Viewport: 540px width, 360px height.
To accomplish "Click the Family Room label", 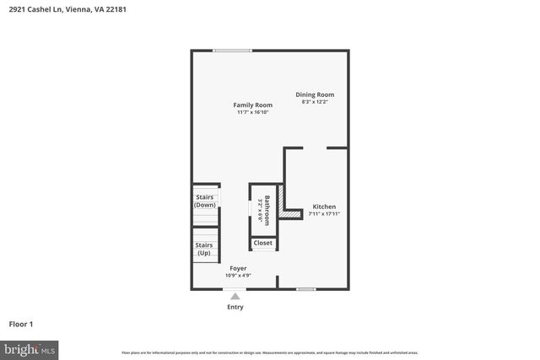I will [253, 105].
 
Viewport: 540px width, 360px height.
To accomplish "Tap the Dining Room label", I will [315, 94].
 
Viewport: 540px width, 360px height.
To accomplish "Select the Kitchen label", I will [324, 207].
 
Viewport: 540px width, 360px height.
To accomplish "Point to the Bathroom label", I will [267, 210].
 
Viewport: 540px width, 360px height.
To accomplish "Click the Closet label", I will [262, 243].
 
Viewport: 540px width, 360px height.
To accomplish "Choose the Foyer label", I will [239, 268].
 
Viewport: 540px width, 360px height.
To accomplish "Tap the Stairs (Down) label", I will [205, 201].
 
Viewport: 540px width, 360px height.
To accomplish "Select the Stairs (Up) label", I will [204, 249].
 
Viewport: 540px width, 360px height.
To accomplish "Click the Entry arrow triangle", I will [235, 296].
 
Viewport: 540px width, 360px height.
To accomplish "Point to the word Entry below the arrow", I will [235, 307].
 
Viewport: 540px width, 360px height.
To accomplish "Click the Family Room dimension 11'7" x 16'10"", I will [253, 112].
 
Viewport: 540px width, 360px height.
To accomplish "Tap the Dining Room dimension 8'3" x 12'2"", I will [315, 102].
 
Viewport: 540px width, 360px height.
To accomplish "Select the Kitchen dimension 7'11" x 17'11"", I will [324, 214].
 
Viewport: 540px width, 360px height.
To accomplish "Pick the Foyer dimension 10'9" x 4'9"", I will [239, 276].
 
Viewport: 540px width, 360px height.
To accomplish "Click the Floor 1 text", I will [21, 323].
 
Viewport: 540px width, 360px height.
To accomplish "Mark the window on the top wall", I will [232, 51].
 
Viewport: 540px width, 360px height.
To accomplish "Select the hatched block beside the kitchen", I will [291, 215].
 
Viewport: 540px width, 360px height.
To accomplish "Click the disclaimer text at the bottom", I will [269, 352].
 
